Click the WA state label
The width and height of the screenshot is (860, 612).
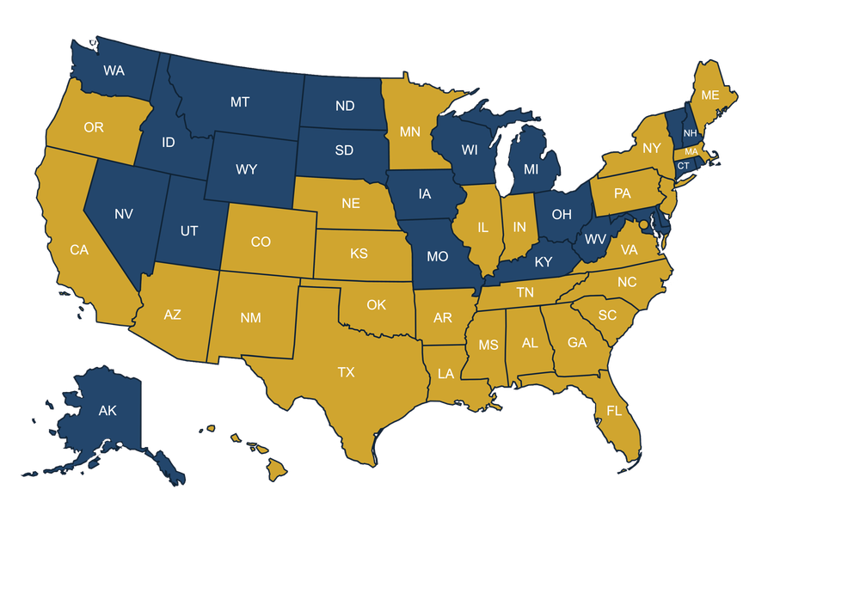pos(114,70)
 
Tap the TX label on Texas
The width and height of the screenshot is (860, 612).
pos(346,372)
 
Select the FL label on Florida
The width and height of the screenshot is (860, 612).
pos(614,411)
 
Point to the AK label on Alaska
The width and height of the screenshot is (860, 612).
pos(107,411)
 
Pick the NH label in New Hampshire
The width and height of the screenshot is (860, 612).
pos(690,132)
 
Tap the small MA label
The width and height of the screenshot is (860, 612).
pos(691,152)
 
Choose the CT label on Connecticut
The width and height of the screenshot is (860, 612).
pos(683,166)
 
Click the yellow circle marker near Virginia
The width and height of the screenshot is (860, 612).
pos(643,224)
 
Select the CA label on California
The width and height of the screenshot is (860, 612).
pos(79,250)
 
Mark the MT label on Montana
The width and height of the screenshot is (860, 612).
pos(240,102)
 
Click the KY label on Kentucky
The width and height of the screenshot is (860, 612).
pos(544,262)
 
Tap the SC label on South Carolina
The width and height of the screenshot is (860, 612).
pos(607,315)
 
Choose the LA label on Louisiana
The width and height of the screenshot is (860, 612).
pos(445,374)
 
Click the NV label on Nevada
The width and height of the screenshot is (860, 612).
pos(124,214)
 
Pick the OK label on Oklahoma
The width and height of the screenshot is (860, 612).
pos(377,305)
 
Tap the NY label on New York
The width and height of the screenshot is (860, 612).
pos(652,149)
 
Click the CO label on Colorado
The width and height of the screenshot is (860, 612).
pos(261,242)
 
